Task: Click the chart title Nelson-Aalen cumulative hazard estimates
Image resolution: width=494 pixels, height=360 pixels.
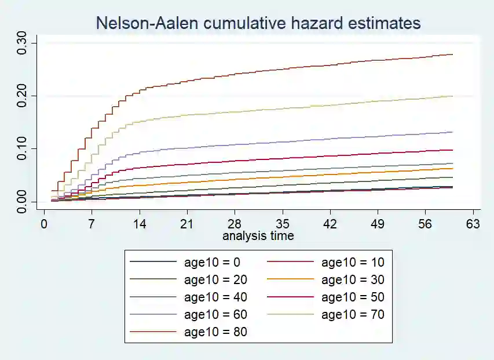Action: pyautogui.click(x=258, y=23)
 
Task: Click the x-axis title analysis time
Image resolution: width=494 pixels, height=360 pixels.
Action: pyautogui.click(x=258, y=236)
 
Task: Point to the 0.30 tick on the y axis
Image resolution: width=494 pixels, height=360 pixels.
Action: pyautogui.click(x=21, y=43)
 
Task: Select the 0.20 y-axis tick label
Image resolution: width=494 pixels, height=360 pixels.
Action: pyautogui.click(x=21, y=96)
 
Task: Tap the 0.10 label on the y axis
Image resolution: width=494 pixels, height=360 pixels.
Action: pyautogui.click(x=21, y=149)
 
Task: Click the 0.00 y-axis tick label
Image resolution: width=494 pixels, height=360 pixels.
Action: pyautogui.click(x=21, y=202)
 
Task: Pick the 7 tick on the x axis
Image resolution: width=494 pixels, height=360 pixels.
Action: pyautogui.click(x=92, y=224)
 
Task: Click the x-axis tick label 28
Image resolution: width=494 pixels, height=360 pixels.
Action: pyautogui.click(x=234, y=224)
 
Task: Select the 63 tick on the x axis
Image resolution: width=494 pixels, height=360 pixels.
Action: pyautogui.click(x=473, y=224)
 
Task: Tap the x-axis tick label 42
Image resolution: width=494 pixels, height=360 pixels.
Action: pyautogui.click(x=330, y=224)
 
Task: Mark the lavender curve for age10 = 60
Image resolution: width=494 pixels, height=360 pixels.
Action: pyautogui.click(x=290, y=141)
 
